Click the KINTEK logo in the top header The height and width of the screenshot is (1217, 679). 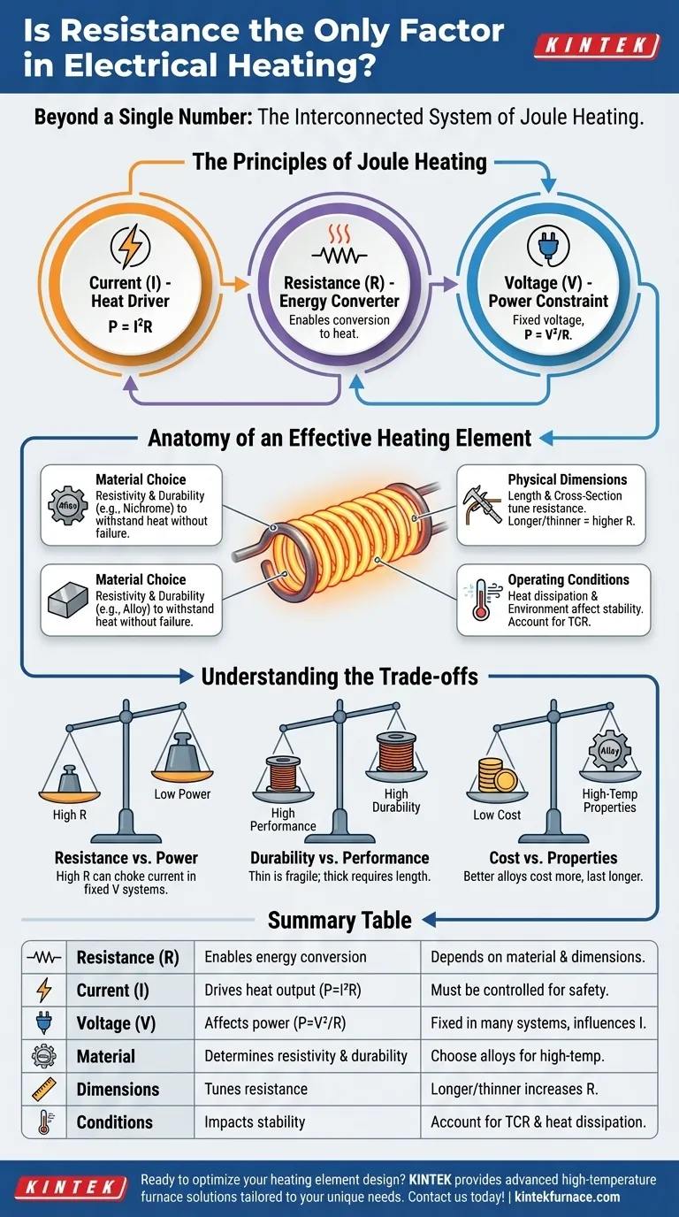599,46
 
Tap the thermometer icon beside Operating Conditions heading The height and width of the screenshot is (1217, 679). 481,602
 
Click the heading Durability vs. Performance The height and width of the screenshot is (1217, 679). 339,858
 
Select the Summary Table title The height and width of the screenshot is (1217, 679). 339,921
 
